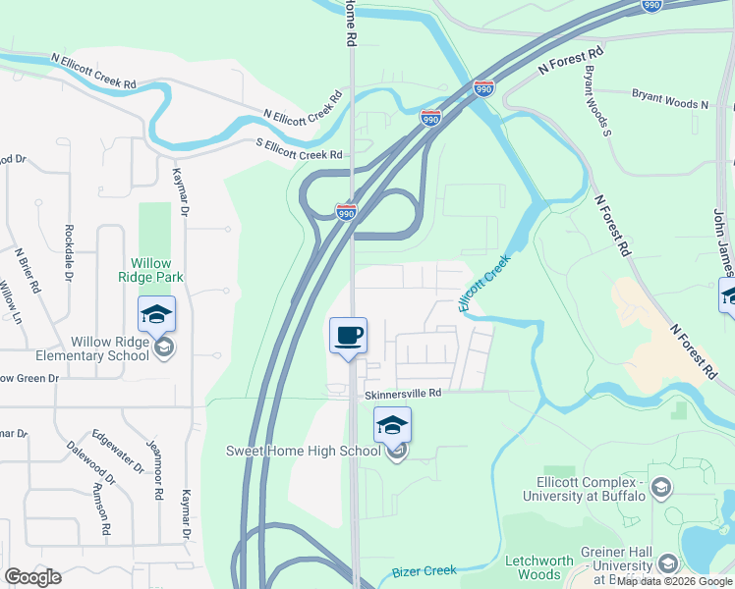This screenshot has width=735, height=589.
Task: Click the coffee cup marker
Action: (349, 336)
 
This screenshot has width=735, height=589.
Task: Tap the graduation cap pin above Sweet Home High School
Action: (392, 425)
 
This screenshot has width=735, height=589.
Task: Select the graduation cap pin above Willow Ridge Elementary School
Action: (156, 314)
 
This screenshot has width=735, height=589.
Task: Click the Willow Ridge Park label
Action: (151, 270)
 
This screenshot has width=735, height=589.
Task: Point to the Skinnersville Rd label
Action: (405, 394)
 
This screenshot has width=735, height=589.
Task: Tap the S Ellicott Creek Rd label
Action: (295, 153)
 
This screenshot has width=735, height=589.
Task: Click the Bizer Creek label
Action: (424, 571)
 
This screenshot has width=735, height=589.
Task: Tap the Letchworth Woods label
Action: (538, 567)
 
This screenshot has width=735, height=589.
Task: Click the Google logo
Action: (32, 577)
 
